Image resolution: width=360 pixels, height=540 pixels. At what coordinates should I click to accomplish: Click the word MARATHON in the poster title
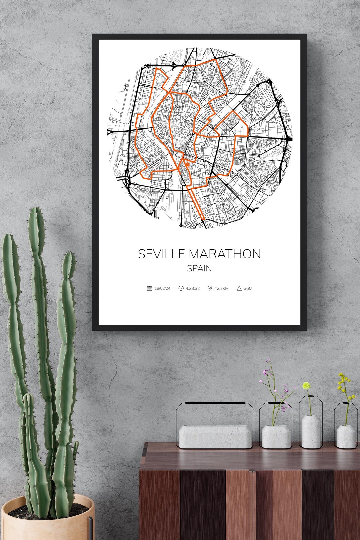pyautogui.click(x=225, y=254)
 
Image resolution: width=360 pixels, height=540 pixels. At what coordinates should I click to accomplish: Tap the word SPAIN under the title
pyautogui.click(x=199, y=268)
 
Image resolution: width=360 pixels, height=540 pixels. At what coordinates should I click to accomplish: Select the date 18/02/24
pyautogui.click(x=162, y=288)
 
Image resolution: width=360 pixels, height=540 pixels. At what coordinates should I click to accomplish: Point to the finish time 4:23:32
pyautogui.click(x=193, y=288)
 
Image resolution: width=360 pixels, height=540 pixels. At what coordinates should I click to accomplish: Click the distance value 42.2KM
pyautogui.click(x=222, y=288)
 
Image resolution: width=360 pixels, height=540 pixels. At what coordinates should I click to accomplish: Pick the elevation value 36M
pyautogui.click(x=248, y=288)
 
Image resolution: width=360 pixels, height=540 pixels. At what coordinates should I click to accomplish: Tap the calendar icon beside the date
pyautogui.click(x=149, y=288)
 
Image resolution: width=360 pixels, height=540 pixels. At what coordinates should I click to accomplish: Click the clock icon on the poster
pyautogui.click(x=181, y=288)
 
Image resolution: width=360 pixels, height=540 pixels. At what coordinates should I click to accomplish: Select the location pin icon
pyautogui.click(x=210, y=288)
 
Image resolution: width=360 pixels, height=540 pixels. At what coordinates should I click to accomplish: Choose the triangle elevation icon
pyautogui.click(x=239, y=288)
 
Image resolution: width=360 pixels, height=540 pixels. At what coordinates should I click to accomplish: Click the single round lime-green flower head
pyautogui.click(x=306, y=386)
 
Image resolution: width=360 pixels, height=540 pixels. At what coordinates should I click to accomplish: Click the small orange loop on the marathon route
pyautogui.click(x=188, y=164)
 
